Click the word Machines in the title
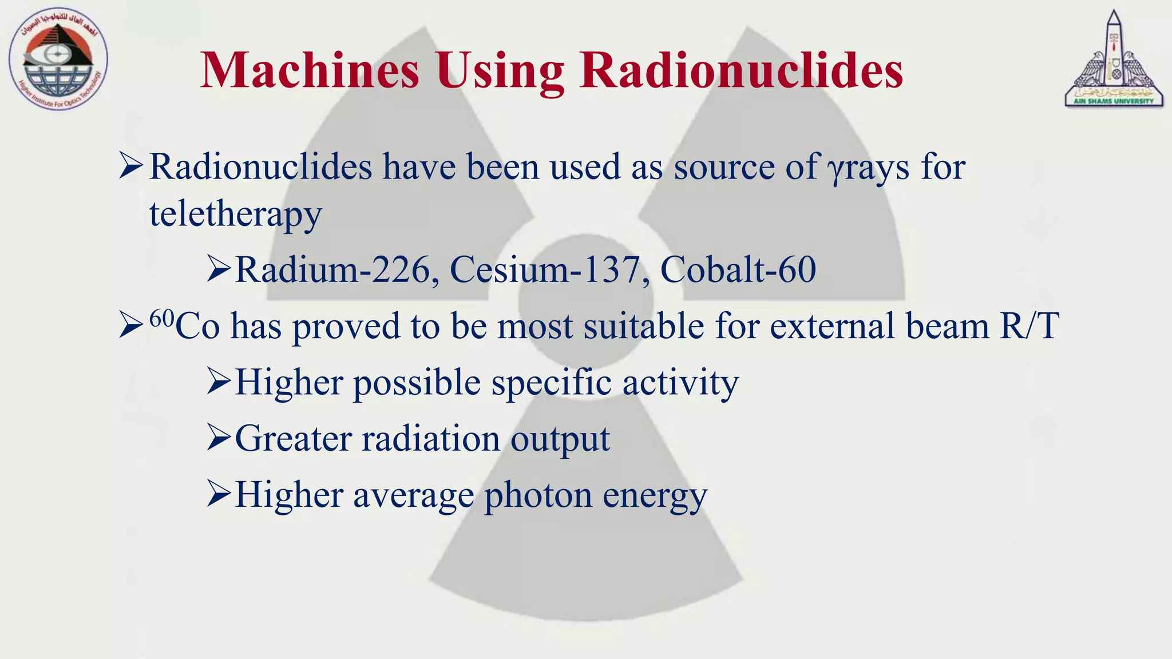(x=310, y=71)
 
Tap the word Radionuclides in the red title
(x=741, y=71)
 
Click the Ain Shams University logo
(x=1114, y=59)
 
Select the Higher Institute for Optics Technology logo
(x=58, y=60)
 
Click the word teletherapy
(x=235, y=214)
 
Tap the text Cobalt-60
(x=738, y=269)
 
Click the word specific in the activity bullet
(x=551, y=383)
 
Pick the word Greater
(x=293, y=439)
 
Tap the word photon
(x=538, y=495)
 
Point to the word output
(x=560, y=440)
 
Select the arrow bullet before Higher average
(x=219, y=495)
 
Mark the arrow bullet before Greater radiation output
(x=219, y=439)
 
